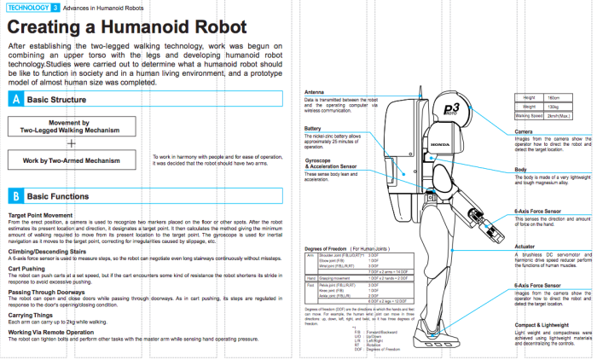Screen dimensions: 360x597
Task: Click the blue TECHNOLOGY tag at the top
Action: coord(28,7)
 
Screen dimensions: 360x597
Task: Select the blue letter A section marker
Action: coord(14,100)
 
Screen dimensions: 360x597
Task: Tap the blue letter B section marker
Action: coord(14,195)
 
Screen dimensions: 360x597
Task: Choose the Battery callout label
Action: coord(314,129)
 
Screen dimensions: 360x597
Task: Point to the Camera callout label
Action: coord(525,132)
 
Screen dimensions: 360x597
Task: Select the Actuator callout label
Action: coord(525,247)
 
